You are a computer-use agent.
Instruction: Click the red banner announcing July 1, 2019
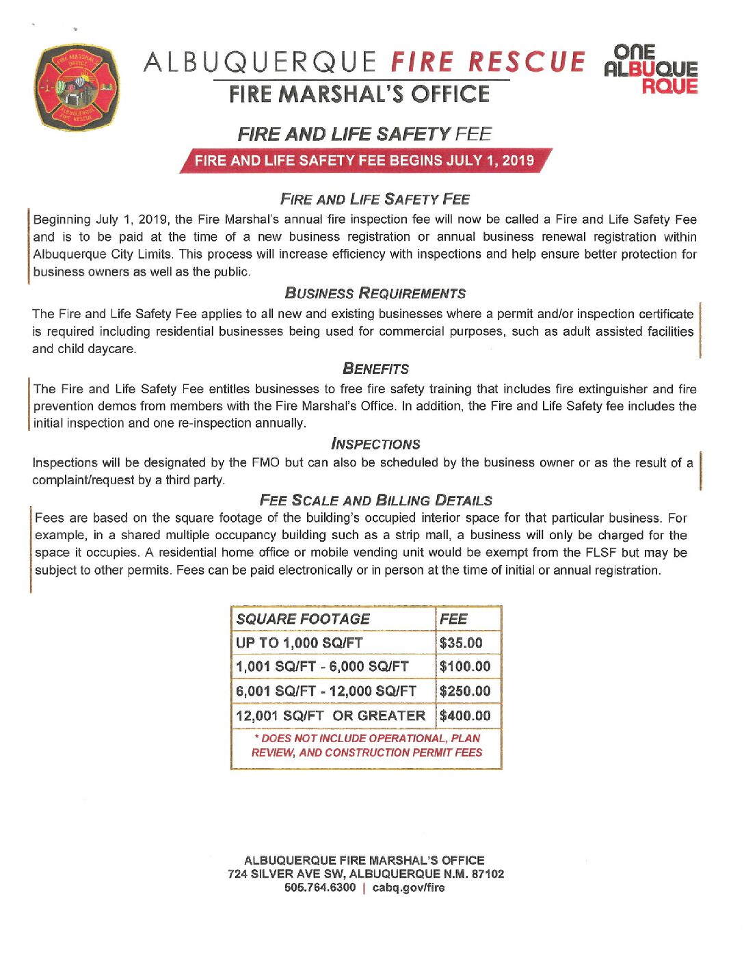coord(364,161)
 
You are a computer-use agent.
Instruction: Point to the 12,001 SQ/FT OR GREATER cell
coord(331,715)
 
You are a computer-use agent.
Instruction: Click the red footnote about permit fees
coord(367,746)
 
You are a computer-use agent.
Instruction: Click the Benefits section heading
coord(375,369)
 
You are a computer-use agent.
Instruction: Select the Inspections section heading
coord(375,444)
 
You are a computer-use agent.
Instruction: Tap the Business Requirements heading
coord(375,293)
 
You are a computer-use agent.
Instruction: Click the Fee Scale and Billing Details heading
coord(375,500)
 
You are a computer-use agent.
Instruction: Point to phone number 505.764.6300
coord(320,888)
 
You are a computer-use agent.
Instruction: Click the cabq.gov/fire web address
coord(408,888)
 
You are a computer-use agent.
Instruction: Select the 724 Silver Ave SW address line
coord(366,874)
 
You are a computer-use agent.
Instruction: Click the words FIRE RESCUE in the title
coord(488,62)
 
